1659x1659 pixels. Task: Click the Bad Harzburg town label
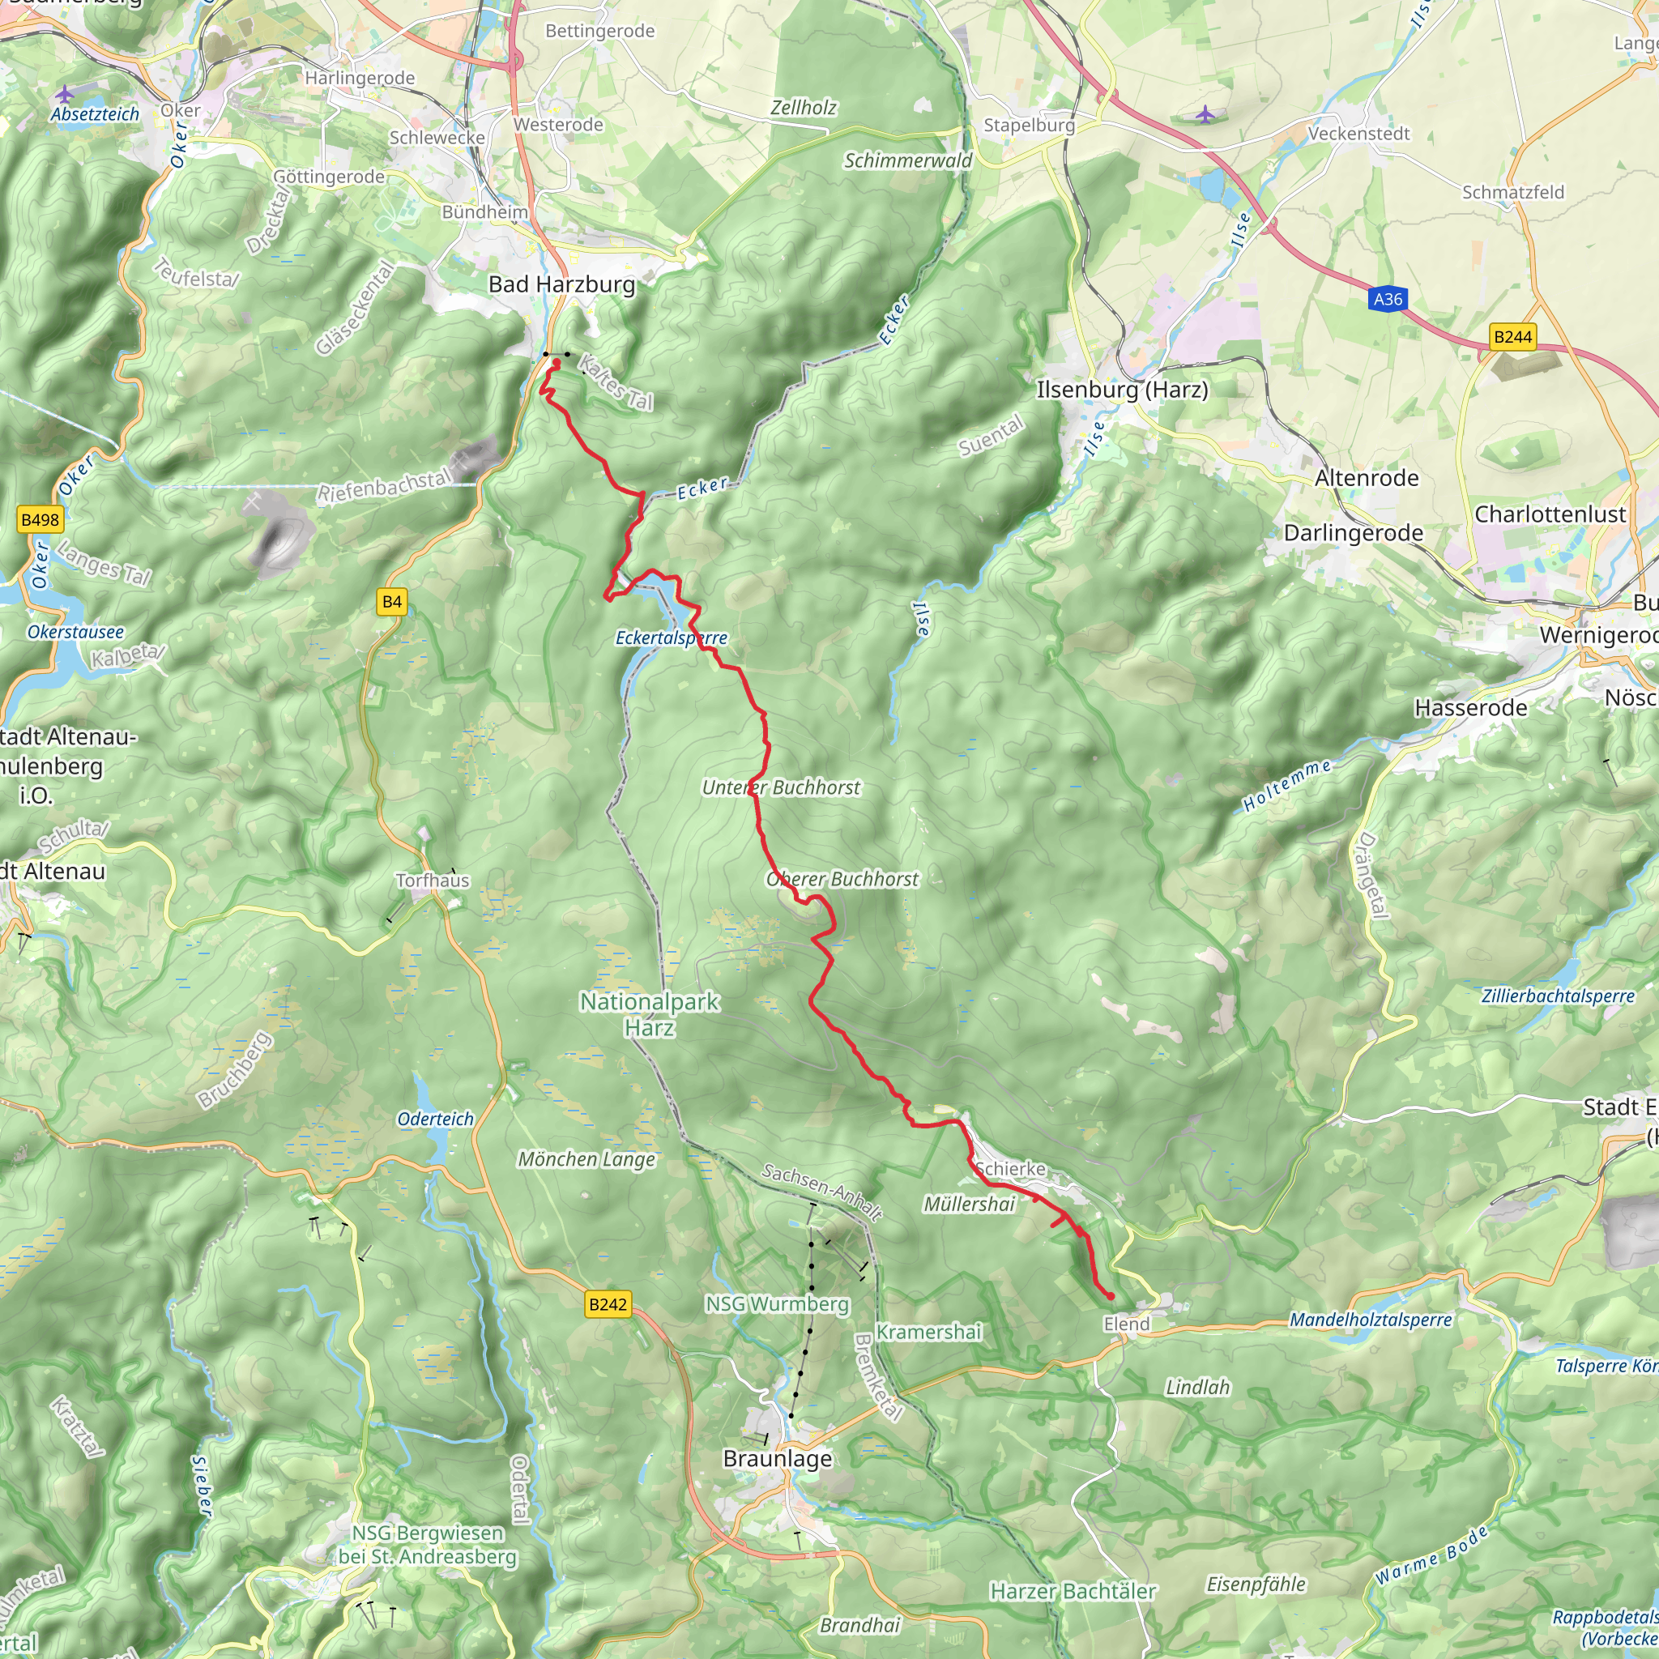tap(561, 284)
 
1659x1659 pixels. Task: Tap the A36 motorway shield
tap(1388, 299)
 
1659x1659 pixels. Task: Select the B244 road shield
tap(1512, 337)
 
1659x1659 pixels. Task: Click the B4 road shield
tap(391, 602)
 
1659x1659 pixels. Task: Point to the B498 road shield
tap(40, 519)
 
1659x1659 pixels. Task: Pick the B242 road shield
tap(608, 1304)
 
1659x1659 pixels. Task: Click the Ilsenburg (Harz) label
tap(1122, 390)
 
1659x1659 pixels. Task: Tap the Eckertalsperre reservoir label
tap(671, 638)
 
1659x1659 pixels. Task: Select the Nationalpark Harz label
tap(649, 1014)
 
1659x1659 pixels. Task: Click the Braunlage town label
tap(777, 1459)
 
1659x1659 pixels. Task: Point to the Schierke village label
tap(1011, 1169)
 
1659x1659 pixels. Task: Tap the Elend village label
tap(1126, 1324)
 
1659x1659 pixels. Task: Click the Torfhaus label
tap(433, 881)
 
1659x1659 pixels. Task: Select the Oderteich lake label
tap(435, 1119)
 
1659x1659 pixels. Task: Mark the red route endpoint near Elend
tap(1111, 1296)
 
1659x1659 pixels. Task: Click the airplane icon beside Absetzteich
tap(65, 92)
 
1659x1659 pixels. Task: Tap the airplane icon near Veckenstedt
tap(1205, 113)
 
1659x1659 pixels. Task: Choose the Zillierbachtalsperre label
tap(1558, 996)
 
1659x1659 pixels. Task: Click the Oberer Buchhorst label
tap(842, 878)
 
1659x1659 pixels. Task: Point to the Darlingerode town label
tap(1353, 533)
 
